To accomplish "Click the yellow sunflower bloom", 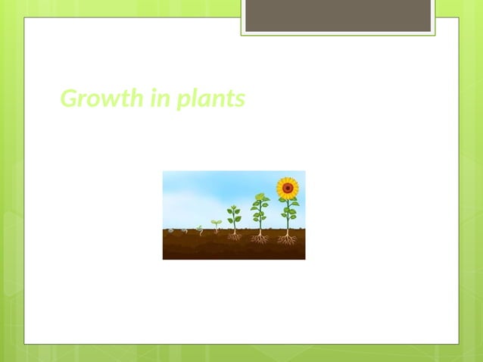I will [287, 187].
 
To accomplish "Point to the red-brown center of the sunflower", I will [287, 187].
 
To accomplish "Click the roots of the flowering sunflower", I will [287, 239].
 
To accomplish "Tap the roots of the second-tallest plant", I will [260, 239].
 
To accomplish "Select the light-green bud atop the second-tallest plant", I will [260, 196].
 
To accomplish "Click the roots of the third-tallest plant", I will [235, 236].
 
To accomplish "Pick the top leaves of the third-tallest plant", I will [234, 209].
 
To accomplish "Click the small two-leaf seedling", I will [216, 223].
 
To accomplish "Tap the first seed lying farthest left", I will [171, 229].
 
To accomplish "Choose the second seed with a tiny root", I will [185, 230].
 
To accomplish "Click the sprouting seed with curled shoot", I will [200, 229].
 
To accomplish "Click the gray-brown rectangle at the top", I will [338, 16].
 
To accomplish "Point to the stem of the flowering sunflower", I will [287, 220].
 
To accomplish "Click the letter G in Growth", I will [69, 98].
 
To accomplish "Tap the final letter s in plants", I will [240, 99].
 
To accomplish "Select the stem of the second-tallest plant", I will [260, 220].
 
